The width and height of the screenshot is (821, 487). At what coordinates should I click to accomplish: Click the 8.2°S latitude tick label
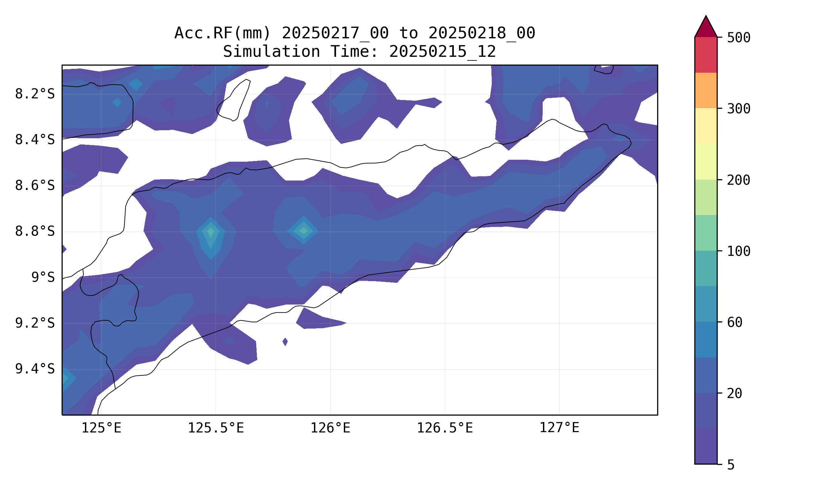pyautogui.click(x=35, y=94)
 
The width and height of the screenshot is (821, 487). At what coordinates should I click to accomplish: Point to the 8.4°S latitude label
pyautogui.click(x=35, y=140)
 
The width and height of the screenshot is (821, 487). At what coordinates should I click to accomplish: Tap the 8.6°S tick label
pyautogui.click(x=35, y=186)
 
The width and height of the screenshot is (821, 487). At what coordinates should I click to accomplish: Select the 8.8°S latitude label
pyautogui.click(x=35, y=232)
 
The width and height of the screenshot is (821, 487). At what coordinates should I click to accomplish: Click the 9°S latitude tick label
pyautogui.click(x=43, y=278)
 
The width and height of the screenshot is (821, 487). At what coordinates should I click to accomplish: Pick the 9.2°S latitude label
pyautogui.click(x=35, y=324)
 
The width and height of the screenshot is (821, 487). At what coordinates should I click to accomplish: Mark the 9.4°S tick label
pyautogui.click(x=35, y=369)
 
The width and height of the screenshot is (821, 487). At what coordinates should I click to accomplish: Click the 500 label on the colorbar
pyautogui.click(x=738, y=38)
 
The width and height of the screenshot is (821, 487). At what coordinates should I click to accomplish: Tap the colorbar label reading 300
pyautogui.click(x=738, y=109)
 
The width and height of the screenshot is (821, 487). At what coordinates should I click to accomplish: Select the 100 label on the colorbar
pyautogui.click(x=738, y=251)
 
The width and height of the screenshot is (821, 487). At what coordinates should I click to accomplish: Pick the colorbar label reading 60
pyautogui.click(x=734, y=323)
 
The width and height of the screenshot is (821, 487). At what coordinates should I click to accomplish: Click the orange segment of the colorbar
pyautogui.click(x=706, y=90)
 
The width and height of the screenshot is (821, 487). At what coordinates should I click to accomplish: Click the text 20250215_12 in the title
pyautogui.click(x=442, y=52)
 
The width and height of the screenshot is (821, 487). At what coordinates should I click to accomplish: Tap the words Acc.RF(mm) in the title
pyautogui.click(x=223, y=33)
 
